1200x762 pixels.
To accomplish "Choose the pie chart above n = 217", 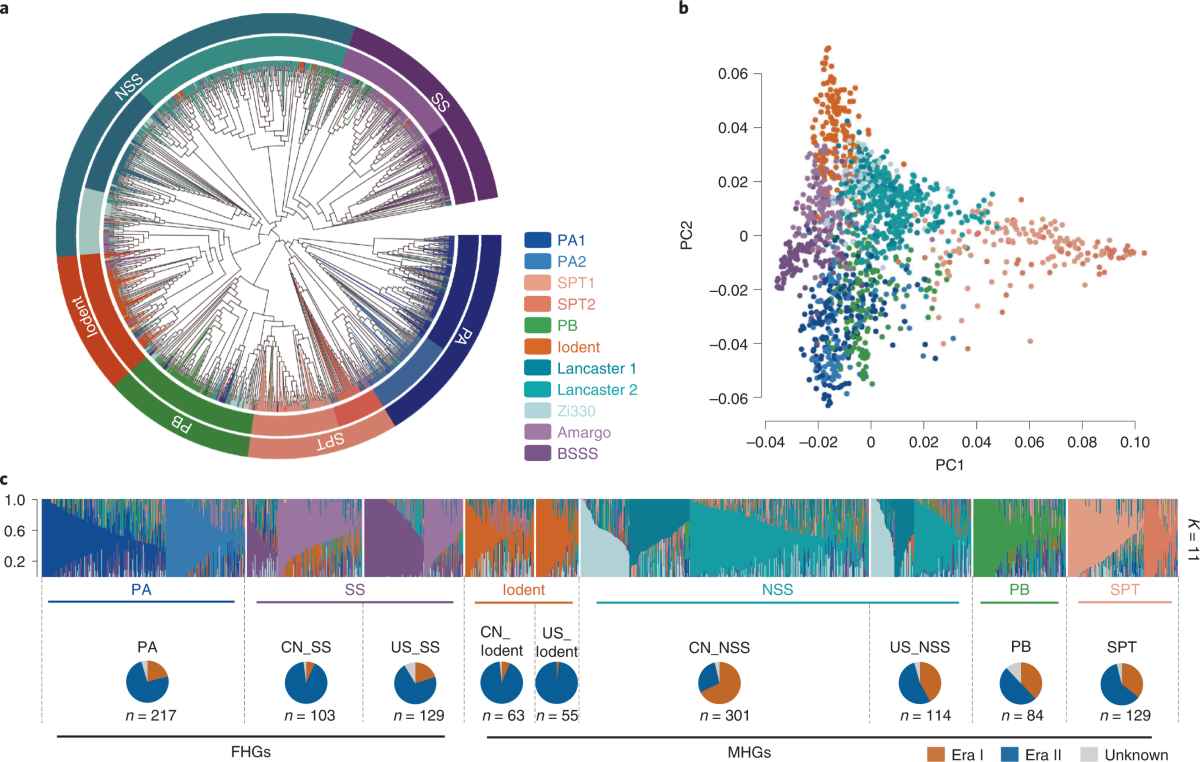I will tap(147, 682).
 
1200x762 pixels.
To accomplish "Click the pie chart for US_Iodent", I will tap(557, 682).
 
